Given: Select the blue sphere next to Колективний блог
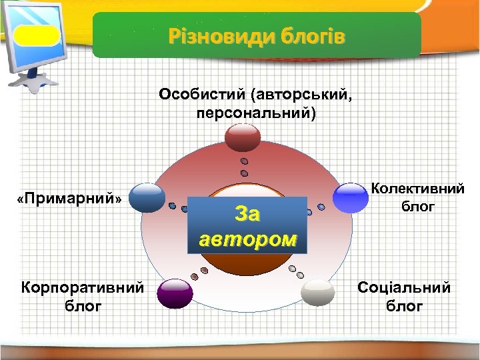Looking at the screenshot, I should point(351,197).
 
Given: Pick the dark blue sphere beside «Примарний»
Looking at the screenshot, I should point(147,197).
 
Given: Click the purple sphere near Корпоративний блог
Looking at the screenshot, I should point(175,293).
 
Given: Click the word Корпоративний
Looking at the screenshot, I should point(83,287).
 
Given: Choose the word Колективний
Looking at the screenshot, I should point(417,189).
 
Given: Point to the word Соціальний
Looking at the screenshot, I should point(404,287).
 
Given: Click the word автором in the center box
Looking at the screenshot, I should point(248,238).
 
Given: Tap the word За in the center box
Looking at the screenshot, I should point(248,215).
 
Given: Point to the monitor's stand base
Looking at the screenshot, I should point(32,82).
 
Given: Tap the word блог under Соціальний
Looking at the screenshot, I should point(404,306).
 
